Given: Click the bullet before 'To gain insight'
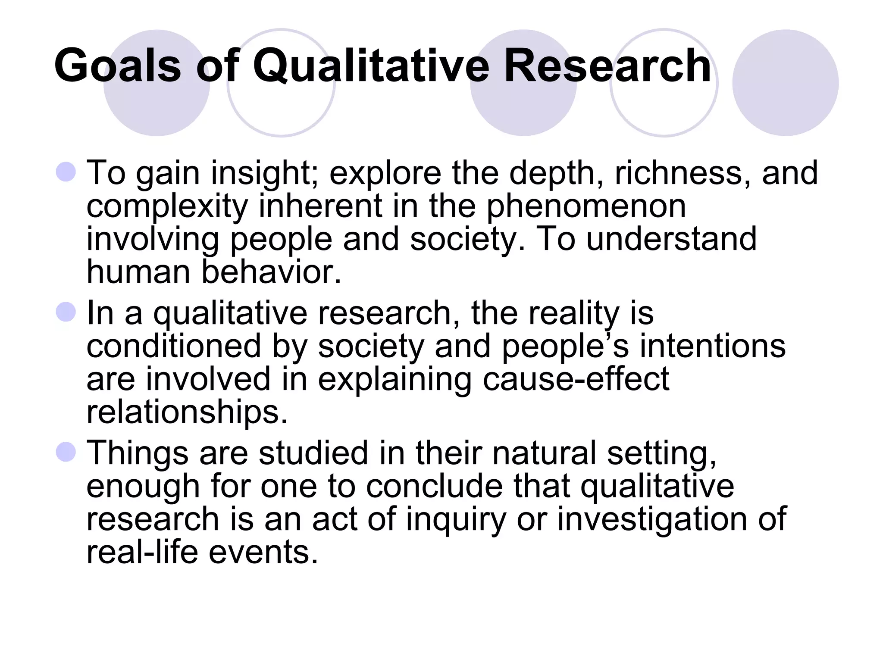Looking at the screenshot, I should (66, 172).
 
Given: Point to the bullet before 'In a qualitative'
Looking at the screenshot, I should (66, 312).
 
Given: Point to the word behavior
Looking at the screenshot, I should (271, 272).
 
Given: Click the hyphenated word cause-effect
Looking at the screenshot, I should (576, 379).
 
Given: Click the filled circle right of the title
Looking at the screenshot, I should (785, 83).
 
